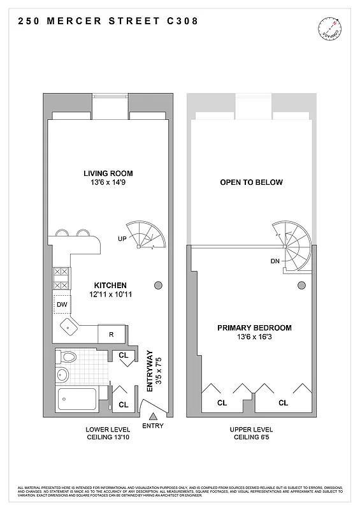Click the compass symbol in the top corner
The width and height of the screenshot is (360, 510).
coord(330,29)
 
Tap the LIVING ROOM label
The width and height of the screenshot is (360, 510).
coord(108,173)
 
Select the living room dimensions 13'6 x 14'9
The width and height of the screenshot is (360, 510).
coord(108,182)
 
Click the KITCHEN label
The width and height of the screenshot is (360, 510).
coord(110,285)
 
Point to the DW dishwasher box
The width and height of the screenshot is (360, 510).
coord(62,305)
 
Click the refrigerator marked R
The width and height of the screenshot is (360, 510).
coord(112,334)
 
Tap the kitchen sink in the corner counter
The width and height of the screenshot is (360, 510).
coord(68,327)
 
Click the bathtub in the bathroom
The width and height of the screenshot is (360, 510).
coord(77,400)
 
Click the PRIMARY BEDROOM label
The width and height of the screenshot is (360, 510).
coord(254,328)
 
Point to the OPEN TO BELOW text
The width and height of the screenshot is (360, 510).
coord(251,182)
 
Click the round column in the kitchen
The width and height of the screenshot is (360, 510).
coord(159,285)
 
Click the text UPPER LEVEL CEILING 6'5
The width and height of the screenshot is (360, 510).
coord(251,433)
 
